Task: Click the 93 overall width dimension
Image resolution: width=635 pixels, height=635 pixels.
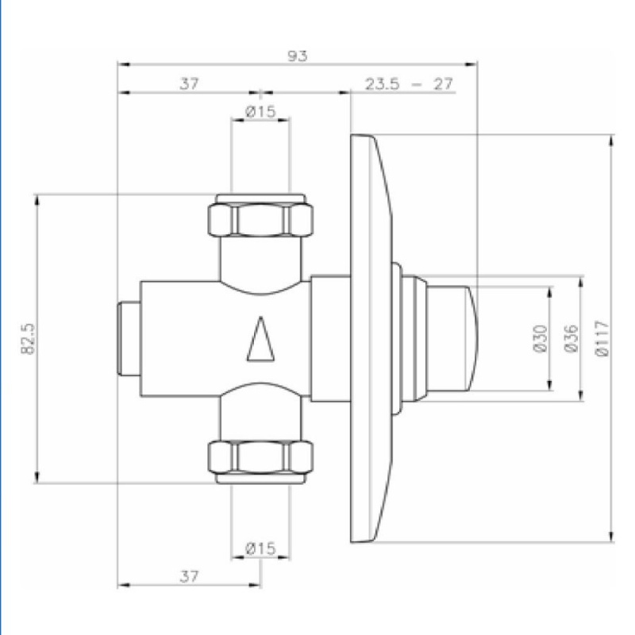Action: (x=298, y=56)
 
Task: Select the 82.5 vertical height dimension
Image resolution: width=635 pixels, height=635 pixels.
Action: (x=29, y=339)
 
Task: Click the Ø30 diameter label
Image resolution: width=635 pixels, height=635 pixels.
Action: (x=541, y=338)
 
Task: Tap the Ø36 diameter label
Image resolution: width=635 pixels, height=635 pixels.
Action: (x=571, y=338)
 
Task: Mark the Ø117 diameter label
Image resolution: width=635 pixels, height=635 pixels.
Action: (x=600, y=338)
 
